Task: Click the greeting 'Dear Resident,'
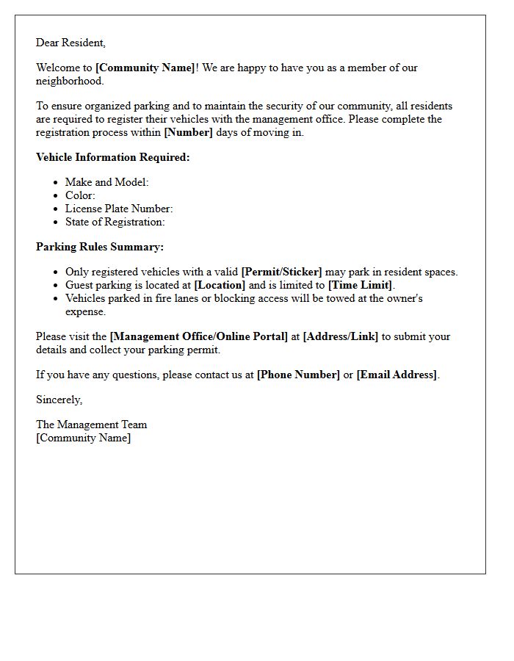(x=70, y=43)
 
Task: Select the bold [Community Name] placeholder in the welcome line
(x=145, y=68)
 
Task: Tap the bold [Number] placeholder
(x=188, y=132)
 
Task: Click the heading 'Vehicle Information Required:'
(x=112, y=157)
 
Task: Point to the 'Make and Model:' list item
(x=106, y=182)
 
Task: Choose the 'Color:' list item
(x=80, y=195)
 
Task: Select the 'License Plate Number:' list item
(x=119, y=209)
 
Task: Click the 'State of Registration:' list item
(x=115, y=222)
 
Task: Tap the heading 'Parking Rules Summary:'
(x=100, y=247)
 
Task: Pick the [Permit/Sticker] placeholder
(x=281, y=272)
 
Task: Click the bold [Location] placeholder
(x=220, y=285)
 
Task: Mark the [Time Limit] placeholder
(x=361, y=285)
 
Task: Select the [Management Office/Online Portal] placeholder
(x=199, y=336)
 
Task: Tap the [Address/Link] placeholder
(x=341, y=336)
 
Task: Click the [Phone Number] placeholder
(x=298, y=375)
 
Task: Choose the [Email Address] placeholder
(x=397, y=375)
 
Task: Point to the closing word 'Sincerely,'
(x=59, y=400)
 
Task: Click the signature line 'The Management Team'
(x=92, y=425)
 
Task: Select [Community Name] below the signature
(x=84, y=438)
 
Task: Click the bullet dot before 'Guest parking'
(x=56, y=286)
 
